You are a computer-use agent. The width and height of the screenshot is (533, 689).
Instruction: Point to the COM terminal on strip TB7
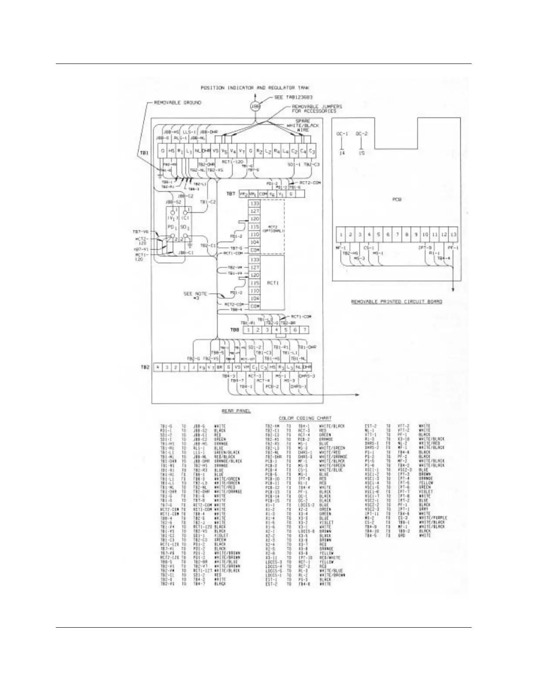point(263,194)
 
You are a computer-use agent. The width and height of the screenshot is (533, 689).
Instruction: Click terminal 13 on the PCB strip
point(454,235)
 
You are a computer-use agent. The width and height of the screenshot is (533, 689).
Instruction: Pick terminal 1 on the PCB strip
point(341,235)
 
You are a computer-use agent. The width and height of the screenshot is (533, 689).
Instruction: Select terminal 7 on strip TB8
point(305,330)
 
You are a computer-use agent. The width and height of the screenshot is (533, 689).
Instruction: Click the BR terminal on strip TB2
point(220,368)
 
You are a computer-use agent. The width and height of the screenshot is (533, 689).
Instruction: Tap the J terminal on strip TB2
point(193,368)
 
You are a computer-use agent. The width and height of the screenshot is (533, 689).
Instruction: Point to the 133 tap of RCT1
point(255,260)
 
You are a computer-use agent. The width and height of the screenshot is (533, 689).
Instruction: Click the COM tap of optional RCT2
point(255,250)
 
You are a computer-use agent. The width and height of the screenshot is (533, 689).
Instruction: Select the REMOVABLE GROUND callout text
point(178,103)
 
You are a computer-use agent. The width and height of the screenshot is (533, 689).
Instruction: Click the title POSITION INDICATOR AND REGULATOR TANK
point(255,88)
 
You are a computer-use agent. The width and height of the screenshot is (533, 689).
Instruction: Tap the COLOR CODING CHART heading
point(305,418)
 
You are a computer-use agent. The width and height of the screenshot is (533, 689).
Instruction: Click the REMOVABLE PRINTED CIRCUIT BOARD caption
point(397,301)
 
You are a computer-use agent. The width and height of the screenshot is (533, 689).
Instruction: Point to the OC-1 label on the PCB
point(343,133)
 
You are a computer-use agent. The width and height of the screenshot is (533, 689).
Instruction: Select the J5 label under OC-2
point(361,154)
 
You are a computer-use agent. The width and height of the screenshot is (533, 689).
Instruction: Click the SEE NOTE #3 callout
point(195,296)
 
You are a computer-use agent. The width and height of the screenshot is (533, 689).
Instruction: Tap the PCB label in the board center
point(397,200)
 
